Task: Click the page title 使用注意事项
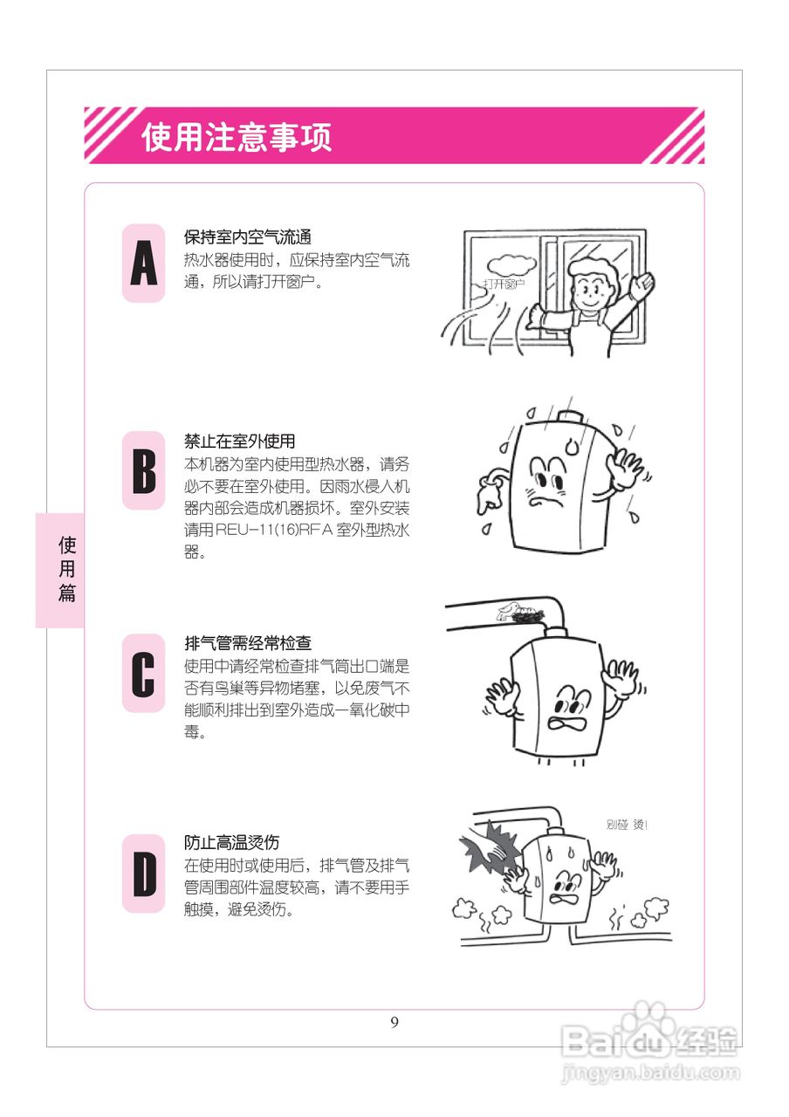coord(237,137)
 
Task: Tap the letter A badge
coord(143,264)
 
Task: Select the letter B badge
coord(143,470)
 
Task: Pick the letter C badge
coord(143,673)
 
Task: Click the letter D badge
coord(143,874)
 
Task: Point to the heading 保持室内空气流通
coord(248,237)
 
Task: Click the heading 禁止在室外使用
coord(239,442)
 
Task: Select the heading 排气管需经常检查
coord(248,644)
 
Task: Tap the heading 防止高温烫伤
coord(231,843)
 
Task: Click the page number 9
coord(394,1023)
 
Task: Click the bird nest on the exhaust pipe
coord(524,616)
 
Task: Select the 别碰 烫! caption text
coord(627,825)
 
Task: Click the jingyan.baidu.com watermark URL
coord(650,1071)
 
